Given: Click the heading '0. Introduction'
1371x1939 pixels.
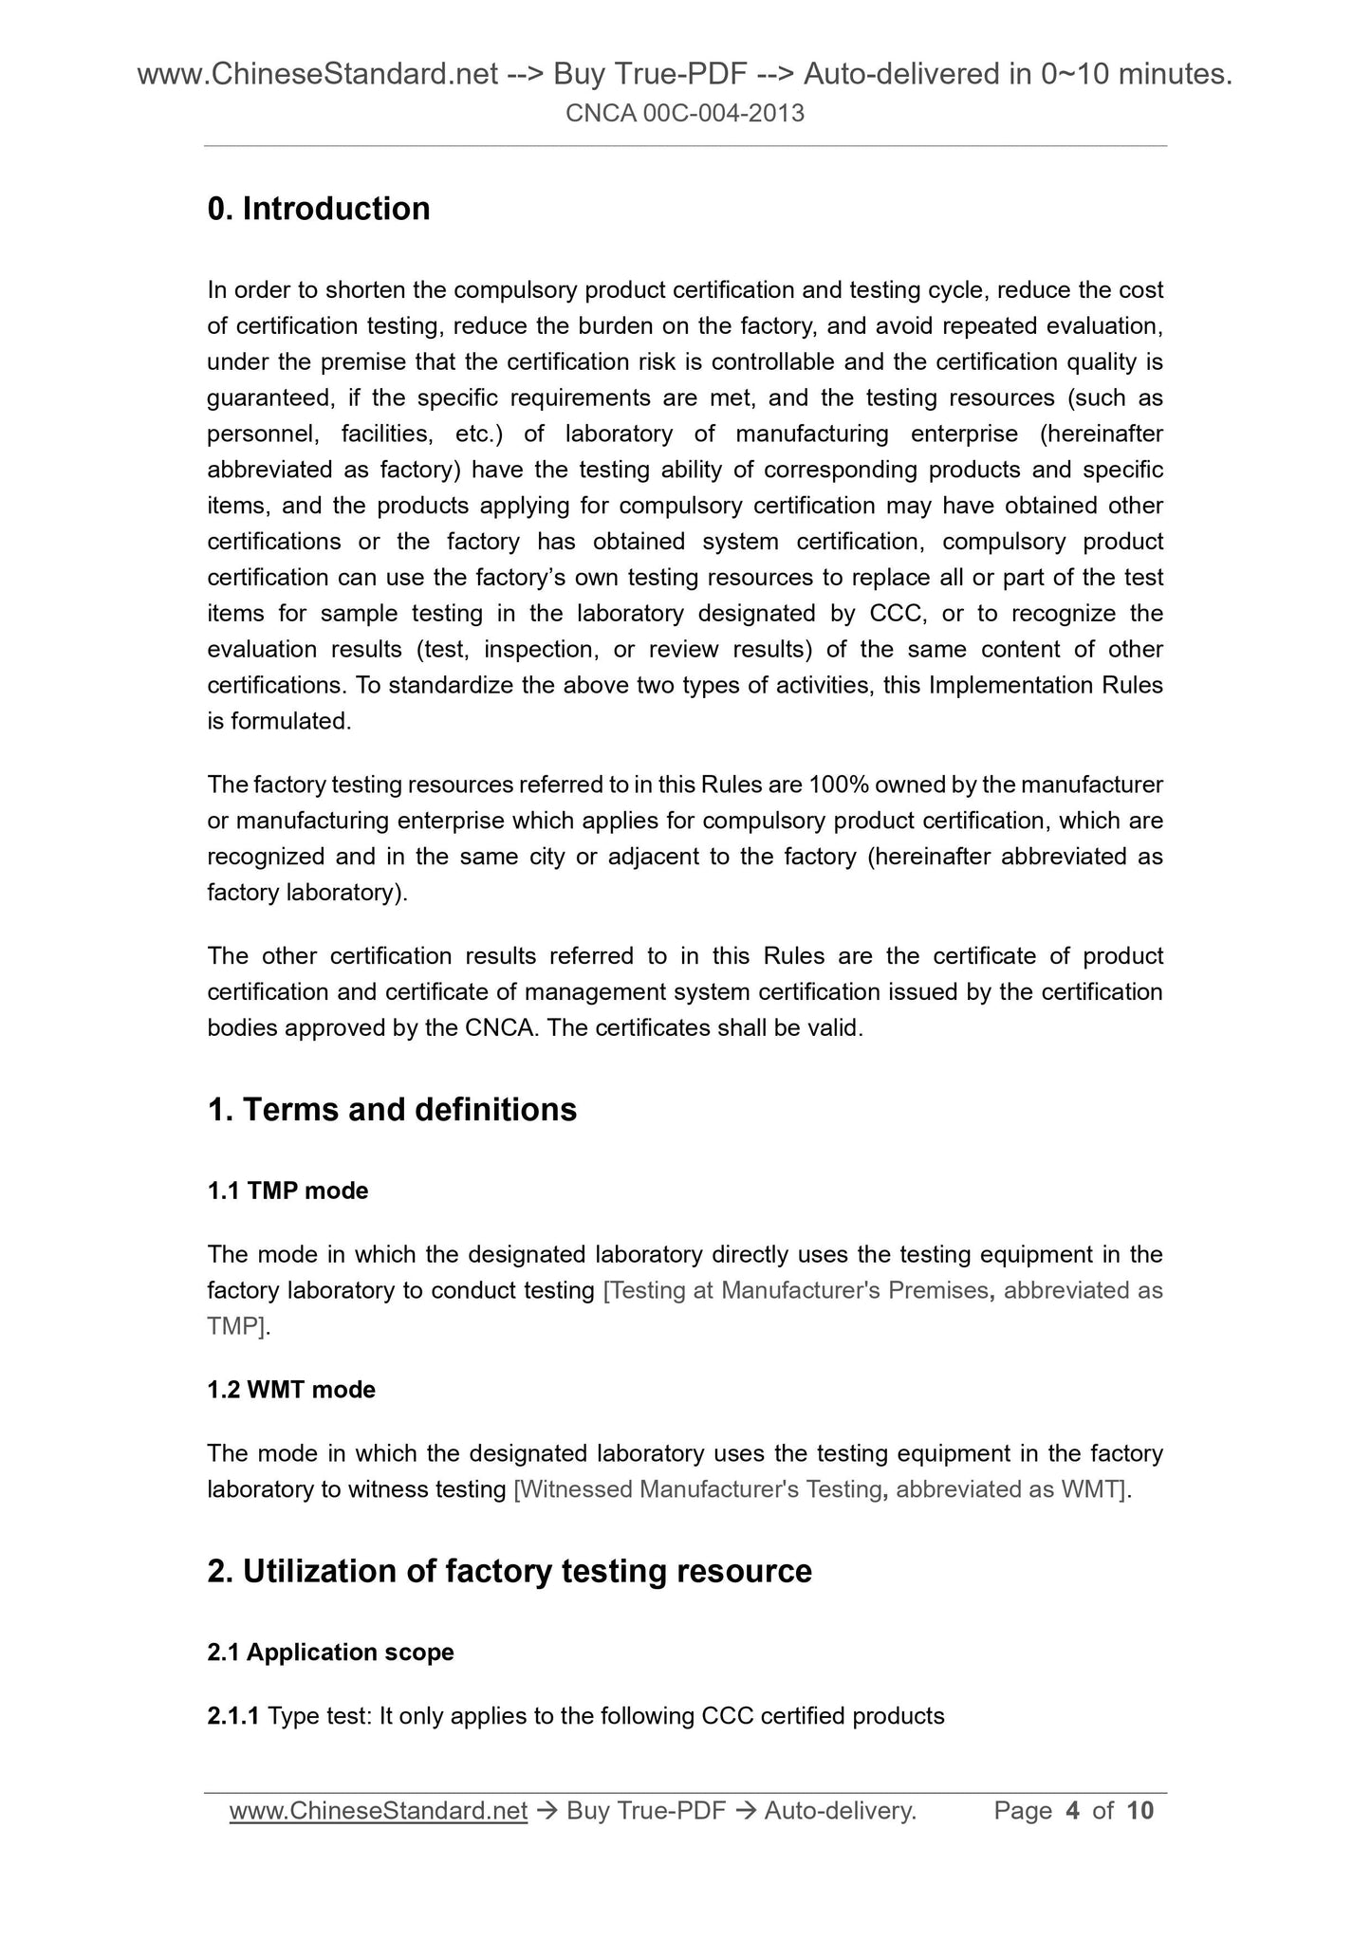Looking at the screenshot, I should (318, 209).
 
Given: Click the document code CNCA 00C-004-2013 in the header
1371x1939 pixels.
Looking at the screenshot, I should (685, 114).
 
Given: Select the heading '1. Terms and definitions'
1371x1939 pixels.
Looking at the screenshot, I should (391, 1109).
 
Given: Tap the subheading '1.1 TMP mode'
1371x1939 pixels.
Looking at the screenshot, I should (287, 1191).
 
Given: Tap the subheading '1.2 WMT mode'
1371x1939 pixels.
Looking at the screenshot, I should (291, 1390).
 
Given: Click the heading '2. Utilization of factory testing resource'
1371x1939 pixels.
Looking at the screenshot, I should (509, 1571).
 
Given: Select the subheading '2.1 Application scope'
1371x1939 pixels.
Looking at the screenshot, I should (330, 1653).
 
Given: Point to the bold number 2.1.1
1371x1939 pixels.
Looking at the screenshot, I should (233, 1716).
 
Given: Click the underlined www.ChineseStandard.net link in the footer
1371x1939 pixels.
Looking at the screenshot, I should (378, 1811).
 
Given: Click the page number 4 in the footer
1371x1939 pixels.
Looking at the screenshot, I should (1072, 1811).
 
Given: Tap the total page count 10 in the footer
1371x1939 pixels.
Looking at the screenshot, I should (1139, 1811).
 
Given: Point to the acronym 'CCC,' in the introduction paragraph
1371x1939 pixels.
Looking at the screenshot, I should (897, 614).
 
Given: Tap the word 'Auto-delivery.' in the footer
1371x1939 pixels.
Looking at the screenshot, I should (840, 1811).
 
